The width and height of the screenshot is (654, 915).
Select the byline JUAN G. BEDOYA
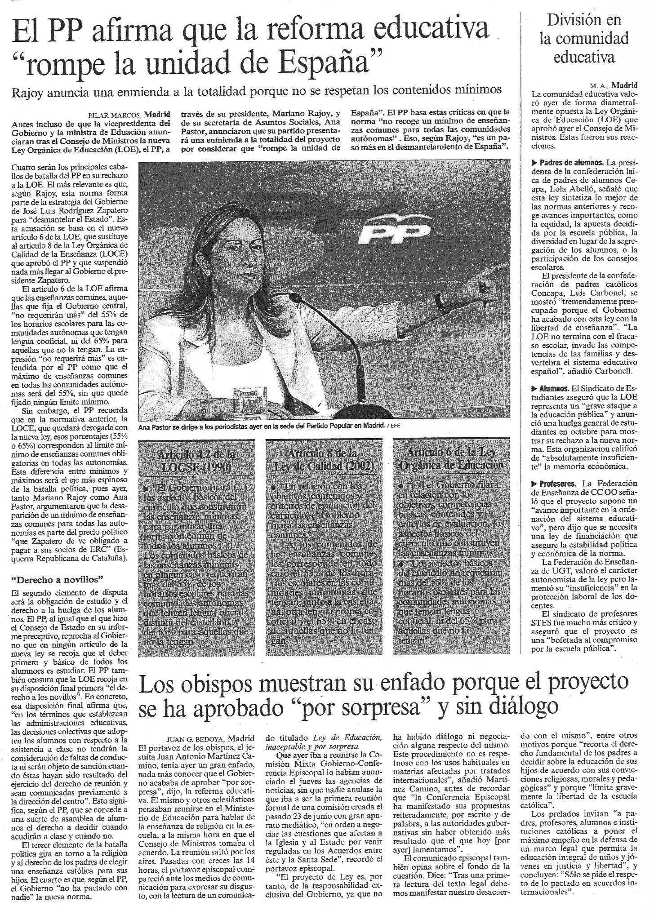tap(196, 739)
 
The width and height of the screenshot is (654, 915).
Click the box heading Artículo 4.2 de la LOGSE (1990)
tap(196, 461)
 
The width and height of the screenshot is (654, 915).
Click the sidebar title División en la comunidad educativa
tap(584, 39)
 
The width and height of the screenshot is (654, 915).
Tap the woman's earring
tap(208, 272)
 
